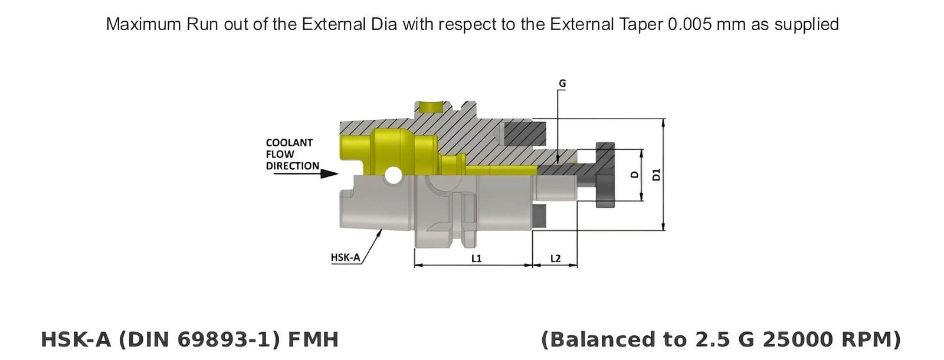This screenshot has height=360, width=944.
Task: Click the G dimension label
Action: [562, 84]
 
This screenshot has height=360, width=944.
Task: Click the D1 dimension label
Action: [657, 175]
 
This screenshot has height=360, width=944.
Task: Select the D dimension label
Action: [634, 175]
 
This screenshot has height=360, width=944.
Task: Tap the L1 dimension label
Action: [476, 258]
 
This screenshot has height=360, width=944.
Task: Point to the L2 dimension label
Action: [555, 258]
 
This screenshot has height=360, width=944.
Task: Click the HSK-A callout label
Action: [345, 257]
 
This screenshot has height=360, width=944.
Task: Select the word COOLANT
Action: [289, 143]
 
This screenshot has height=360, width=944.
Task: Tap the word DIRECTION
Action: [292, 166]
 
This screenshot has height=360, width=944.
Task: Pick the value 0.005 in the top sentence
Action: [687, 24]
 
